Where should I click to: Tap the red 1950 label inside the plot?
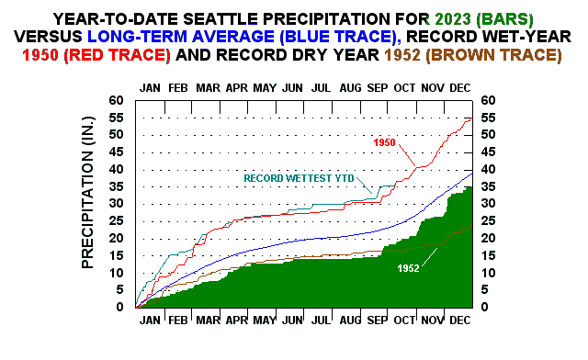point(384,142)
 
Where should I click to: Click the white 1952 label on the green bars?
point(409,267)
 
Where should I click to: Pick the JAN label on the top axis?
point(150,87)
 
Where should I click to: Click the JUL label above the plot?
point(321,87)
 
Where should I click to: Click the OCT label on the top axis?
point(405,87)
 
